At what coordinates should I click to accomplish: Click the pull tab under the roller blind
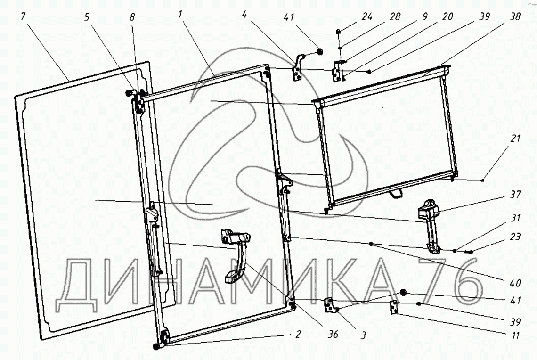395,192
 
